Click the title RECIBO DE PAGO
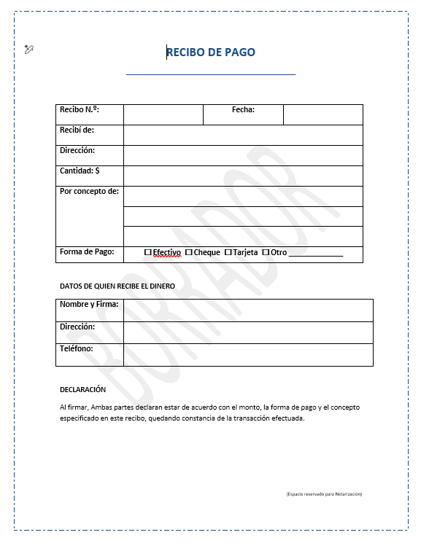pos(211,52)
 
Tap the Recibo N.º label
pos(80,110)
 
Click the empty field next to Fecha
pos(322,114)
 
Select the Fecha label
pos(243,110)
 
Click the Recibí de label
pos(77,130)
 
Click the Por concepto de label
pos(89,192)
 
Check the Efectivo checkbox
pos(148,252)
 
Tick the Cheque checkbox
pos(189,252)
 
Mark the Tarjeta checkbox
pos(228,252)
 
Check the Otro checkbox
pos(266,252)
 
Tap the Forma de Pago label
pos(87,252)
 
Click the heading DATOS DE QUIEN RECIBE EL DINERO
pos(117,286)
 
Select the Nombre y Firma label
pos(89,305)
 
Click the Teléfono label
pos(77,349)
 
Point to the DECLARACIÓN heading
pos(82,390)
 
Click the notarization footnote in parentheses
pos(324,494)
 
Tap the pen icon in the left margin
pos(28,49)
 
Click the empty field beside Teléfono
pos(248,354)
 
